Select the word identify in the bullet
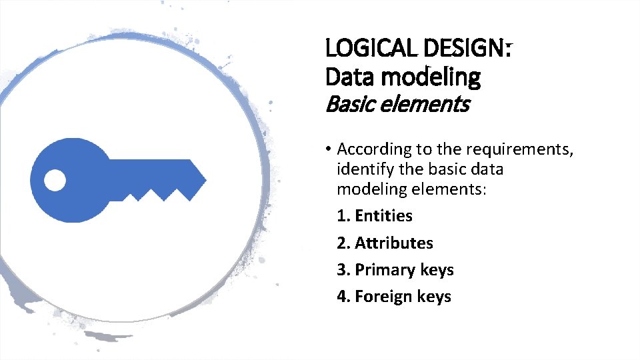click(x=363, y=169)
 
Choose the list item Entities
click(x=383, y=216)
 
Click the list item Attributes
click(x=393, y=243)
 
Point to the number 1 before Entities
click(x=343, y=216)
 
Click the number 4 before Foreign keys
click(x=343, y=297)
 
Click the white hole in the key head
click(x=55, y=179)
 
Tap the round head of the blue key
click(x=67, y=179)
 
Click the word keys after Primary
click(x=437, y=270)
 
